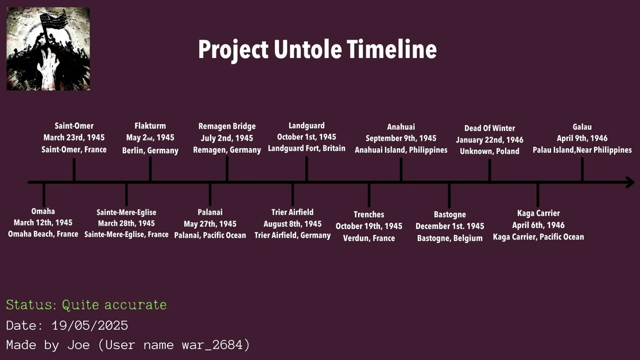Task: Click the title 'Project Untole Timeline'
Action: tap(317, 50)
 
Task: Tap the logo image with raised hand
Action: tap(48, 49)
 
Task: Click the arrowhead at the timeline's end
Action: tap(630, 183)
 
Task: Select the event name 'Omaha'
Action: tap(43, 211)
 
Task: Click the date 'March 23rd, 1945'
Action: tap(74, 138)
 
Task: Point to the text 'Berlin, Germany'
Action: tap(150, 150)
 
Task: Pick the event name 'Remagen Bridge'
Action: tap(227, 126)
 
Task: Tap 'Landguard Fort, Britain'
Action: tap(307, 149)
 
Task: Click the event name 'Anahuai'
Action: tap(401, 127)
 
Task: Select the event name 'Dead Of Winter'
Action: tap(490, 128)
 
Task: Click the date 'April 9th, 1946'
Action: tap(582, 138)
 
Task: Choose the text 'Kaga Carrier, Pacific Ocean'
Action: tap(538, 237)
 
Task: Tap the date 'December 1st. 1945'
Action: tap(449, 226)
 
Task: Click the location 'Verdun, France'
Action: tap(369, 238)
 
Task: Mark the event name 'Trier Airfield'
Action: tap(292, 212)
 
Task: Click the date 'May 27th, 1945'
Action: tap(210, 224)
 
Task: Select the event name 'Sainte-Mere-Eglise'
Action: tap(126, 212)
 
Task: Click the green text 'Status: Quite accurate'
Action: tap(86, 305)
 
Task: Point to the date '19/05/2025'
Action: tap(90, 326)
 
